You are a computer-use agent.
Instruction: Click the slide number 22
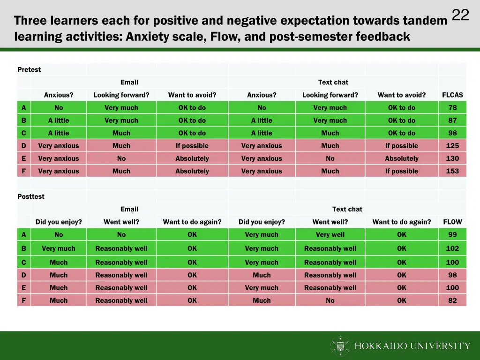point(460,15)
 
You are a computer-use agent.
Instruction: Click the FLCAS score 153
point(452,171)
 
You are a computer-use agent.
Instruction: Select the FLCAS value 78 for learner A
point(452,108)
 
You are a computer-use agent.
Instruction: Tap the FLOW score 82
point(452,300)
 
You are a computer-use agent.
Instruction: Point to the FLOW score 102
point(452,248)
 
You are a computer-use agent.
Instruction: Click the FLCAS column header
point(452,95)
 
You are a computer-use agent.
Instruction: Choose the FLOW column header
point(452,222)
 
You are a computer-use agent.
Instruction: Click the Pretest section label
point(29,70)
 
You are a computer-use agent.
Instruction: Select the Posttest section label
point(31,197)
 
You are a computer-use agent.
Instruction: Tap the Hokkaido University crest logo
point(340,346)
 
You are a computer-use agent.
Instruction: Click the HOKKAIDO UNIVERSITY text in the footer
point(412,346)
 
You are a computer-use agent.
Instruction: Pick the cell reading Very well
point(330,235)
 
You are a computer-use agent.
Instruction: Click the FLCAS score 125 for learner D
point(452,146)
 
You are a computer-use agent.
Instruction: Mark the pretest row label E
point(24,158)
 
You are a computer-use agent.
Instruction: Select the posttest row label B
point(24,248)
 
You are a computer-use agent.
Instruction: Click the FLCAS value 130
point(452,158)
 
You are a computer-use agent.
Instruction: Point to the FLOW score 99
point(452,235)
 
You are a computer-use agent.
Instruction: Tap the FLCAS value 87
point(452,120)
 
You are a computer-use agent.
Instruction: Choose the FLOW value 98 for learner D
point(452,275)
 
